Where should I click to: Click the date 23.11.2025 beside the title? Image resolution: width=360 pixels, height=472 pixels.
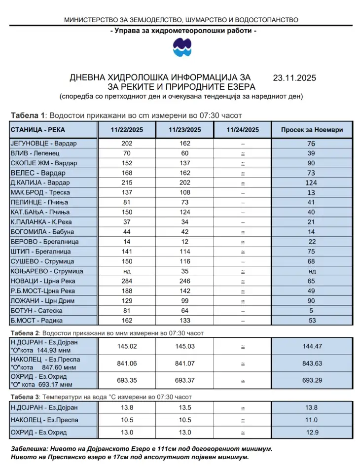point(294,78)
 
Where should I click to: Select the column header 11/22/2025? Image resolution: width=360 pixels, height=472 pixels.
point(126,130)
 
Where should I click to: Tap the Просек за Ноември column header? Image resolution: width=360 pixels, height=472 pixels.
point(312,130)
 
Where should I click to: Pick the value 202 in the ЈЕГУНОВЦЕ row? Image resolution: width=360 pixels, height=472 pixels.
point(127,144)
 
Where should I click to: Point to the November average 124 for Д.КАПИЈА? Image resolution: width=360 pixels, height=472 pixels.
point(312,183)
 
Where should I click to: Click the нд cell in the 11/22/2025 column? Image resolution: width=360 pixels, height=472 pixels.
point(127,271)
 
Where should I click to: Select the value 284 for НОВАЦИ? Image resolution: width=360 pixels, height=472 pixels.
point(127,281)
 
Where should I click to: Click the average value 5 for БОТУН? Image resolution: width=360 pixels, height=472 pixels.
point(312,311)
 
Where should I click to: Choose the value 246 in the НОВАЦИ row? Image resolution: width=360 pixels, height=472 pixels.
point(184,281)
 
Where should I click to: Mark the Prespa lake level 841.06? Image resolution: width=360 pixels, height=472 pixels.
point(127,364)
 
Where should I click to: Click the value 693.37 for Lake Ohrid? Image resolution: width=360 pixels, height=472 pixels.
point(184,381)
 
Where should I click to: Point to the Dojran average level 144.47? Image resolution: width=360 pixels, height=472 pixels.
point(312,347)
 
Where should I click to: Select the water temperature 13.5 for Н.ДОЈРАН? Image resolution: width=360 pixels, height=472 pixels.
point(184,408)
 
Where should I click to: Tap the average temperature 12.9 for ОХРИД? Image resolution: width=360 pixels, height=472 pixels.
point(312,433)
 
